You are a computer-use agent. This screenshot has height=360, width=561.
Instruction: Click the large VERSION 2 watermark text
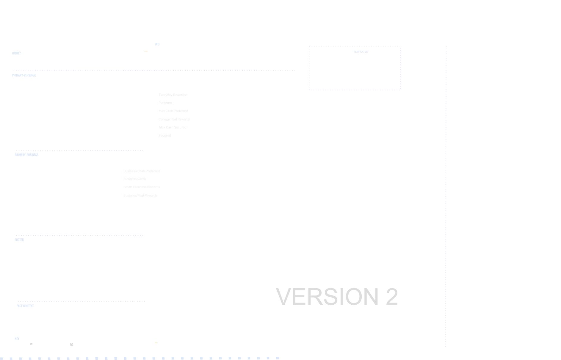[336, 297]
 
